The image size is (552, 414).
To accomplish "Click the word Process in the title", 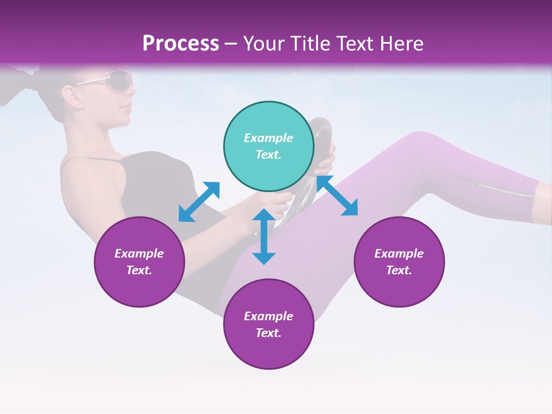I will click(181, 44).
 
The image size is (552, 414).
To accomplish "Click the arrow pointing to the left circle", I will click(199, 202).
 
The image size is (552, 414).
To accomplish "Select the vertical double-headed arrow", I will click(264, 237).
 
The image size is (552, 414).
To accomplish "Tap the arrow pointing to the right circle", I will click(337, 195).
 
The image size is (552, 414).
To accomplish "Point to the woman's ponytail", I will click(23, 86).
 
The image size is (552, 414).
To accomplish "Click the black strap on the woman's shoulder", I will click(86, 160).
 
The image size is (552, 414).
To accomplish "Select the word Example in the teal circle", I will click(269, 138).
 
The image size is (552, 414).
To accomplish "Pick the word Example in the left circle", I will click(139, 254).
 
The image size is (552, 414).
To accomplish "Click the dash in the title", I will click(231, 44).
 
